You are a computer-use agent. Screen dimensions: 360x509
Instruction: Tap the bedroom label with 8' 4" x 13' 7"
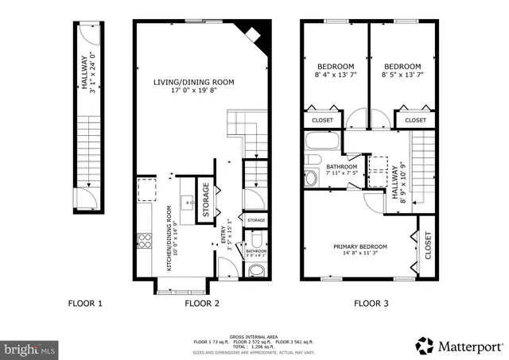click(x=337, y=67)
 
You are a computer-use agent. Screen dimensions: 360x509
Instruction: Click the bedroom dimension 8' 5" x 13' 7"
click(x=402, y=76)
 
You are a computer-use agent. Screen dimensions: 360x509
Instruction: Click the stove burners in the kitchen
click(x=146, y=239)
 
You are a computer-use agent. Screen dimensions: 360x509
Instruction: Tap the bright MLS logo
click(x=30, y=348)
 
